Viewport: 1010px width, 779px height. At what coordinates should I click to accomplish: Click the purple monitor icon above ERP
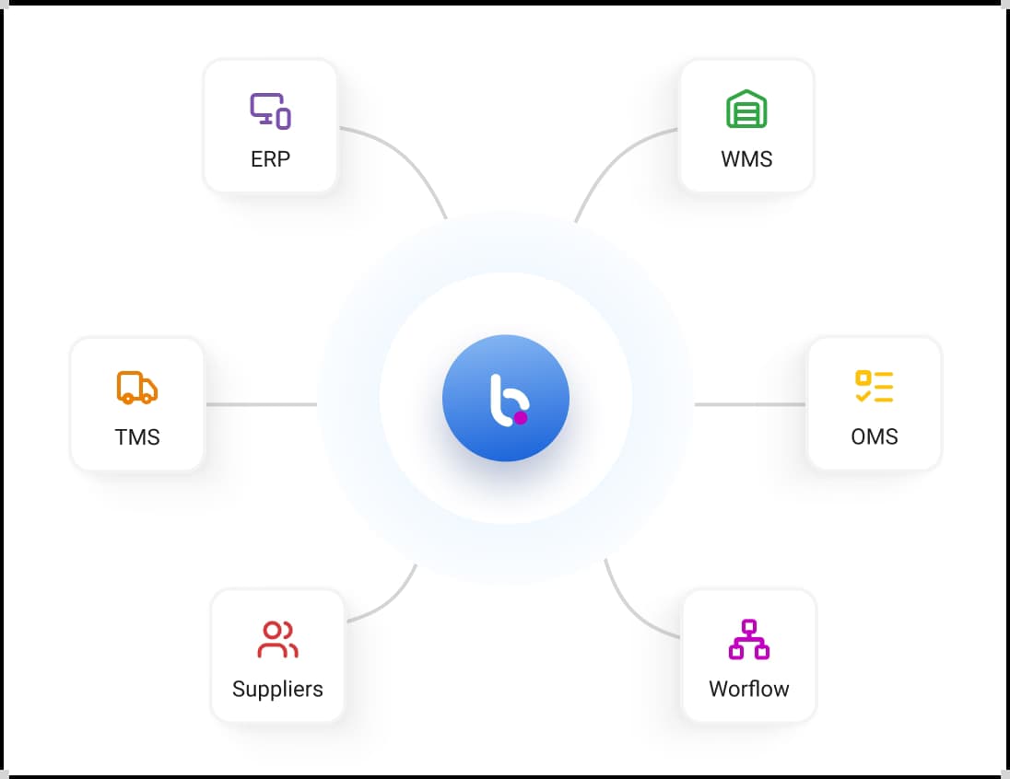tap(271, 110)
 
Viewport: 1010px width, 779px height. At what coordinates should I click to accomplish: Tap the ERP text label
tap(271, 159)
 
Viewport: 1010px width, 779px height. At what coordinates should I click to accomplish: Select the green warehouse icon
tap(746, 109)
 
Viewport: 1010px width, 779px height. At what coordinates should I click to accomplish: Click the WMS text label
tap(746, 159)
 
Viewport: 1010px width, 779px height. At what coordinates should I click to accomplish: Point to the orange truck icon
tap(137, 388)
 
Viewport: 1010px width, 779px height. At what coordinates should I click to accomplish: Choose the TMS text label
tap(137, 437)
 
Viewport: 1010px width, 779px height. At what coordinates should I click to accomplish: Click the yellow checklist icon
tap(875, 386)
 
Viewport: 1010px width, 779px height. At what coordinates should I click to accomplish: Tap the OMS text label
tap(875, 436)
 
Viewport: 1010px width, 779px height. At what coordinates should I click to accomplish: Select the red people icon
tap(277, 639)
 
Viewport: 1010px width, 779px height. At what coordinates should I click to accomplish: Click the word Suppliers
tap(277, 689)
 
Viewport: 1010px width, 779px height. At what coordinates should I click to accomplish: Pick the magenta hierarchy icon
tap(749, 639)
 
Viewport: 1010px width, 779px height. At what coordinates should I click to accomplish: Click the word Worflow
tap(749, 689)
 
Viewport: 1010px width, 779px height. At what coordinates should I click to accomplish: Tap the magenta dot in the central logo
tap(521, 418)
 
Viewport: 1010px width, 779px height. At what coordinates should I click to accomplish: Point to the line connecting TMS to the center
tap(262, 404)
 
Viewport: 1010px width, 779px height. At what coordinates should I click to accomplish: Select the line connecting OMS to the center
tap(750, 404)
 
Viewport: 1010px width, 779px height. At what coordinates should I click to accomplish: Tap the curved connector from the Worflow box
tap(630, 609)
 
